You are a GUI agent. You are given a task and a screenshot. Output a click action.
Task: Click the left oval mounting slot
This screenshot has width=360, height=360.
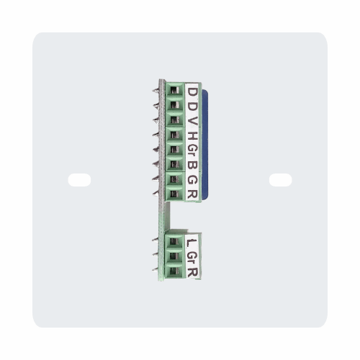pos(79,180)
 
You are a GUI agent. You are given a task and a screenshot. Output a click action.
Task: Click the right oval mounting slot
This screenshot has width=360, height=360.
pos(280,180)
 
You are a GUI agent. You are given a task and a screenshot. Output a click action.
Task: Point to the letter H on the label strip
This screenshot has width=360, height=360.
pos(192,135)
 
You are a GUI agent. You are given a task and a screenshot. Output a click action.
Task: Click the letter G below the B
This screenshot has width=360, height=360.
pos(192,180)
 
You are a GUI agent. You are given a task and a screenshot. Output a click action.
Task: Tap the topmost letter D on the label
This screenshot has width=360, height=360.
pos(192,91)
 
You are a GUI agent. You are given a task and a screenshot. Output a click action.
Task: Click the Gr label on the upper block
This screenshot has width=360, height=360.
pos(192,150)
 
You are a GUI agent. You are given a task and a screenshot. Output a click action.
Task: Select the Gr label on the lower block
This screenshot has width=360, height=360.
pos(192,256)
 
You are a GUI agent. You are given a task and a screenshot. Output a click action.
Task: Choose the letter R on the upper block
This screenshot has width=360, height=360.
pos(192,194)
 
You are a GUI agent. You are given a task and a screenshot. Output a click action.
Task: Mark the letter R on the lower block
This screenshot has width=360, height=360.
pos(192,271)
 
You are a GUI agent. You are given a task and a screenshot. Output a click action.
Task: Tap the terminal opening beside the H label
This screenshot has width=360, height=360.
pos(174,135)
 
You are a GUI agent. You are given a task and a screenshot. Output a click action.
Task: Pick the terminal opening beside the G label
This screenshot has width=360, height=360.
pos(174,180)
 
